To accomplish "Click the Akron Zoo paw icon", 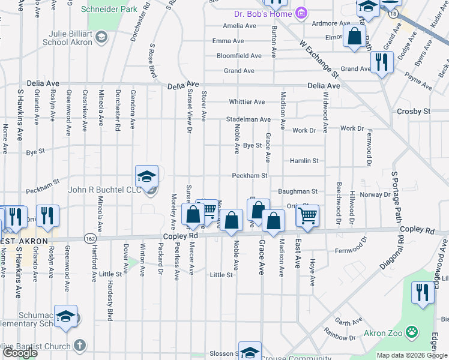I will [412, 332].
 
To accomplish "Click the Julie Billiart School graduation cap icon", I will [101, 38].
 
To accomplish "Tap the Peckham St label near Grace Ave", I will [250, 176].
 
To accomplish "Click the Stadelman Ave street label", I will [248, 119].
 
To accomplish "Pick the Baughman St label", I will [297, 191].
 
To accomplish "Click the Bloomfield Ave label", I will [239, 56].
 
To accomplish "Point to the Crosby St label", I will [414, 112].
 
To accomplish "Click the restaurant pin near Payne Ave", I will [381, 62].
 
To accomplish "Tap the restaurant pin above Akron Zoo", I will [423, 293].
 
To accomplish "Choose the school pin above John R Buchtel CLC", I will [146, 177].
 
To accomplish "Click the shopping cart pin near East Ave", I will [307, 215].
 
